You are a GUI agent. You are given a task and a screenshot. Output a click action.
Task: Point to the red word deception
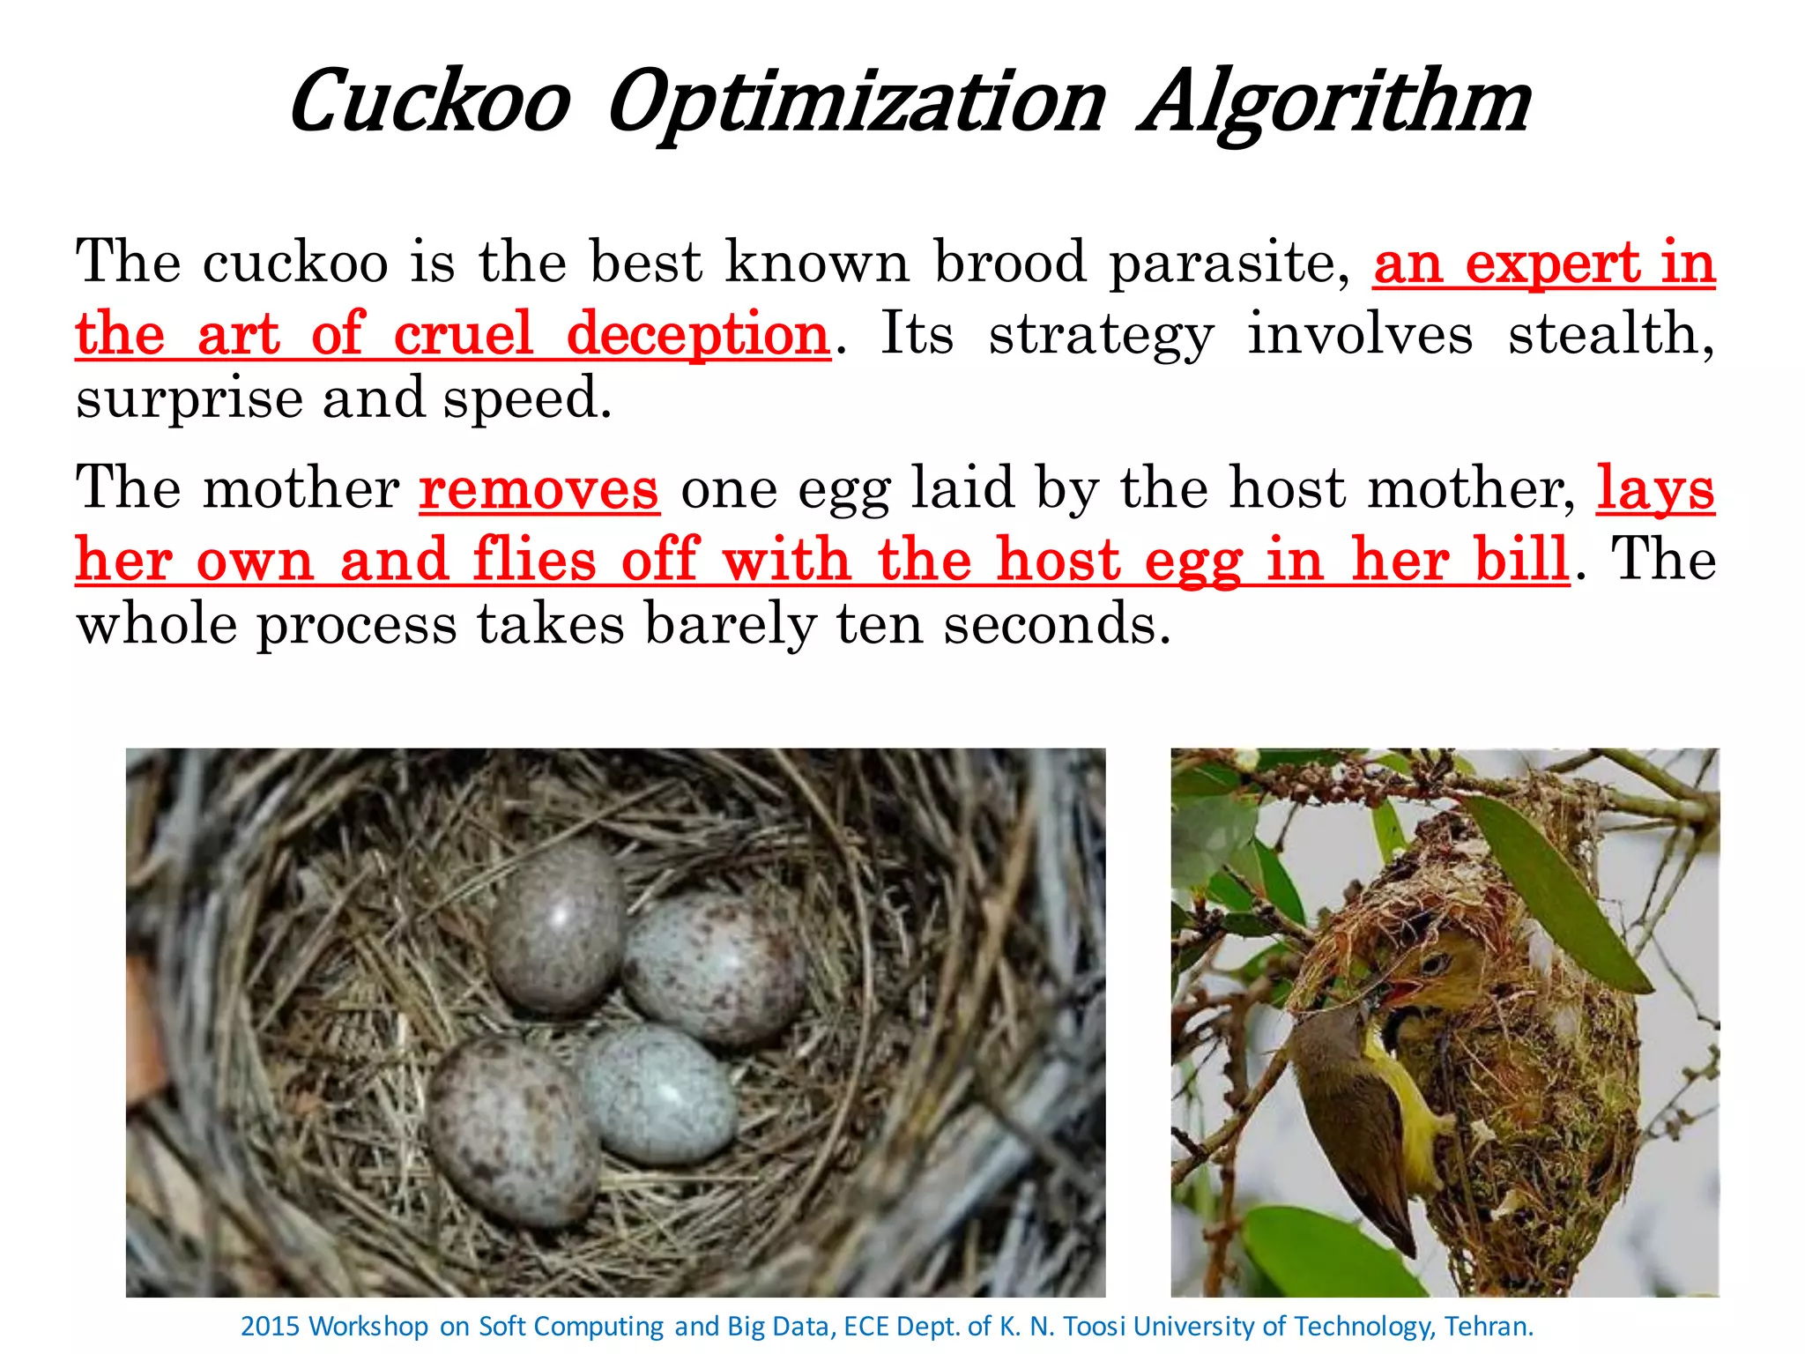tap(698, 335)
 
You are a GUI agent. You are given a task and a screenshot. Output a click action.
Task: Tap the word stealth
tap(1610, 335)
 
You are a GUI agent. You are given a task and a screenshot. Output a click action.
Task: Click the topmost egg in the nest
tap(556, 926)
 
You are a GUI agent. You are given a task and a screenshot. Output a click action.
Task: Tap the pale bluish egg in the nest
tap(657, 1092)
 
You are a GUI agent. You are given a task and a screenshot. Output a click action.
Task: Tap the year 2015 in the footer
tap(271, 1327)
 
